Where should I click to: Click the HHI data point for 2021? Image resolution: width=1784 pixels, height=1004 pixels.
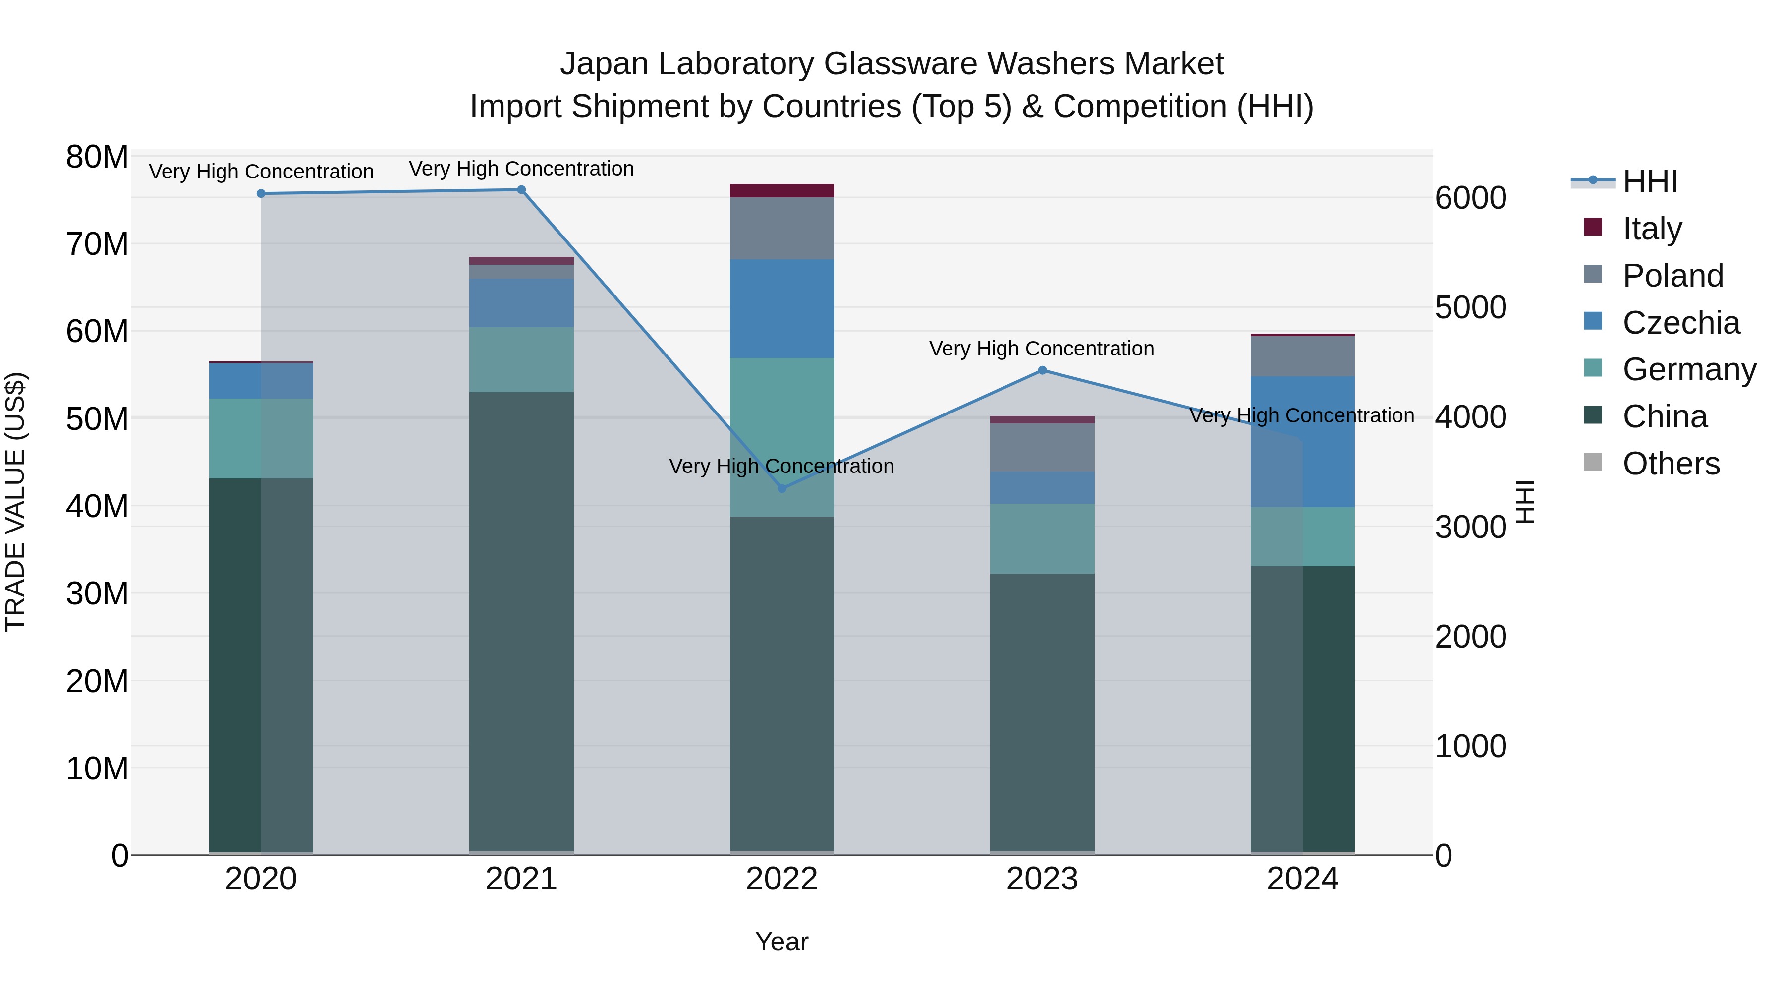(x=521, y=190)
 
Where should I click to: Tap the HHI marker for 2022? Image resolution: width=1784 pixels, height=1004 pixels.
(x=782, y=488)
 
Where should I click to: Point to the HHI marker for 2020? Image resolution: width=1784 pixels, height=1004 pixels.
(x=261, y=194)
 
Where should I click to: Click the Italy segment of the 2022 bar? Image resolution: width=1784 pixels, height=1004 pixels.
(x=782, y=190)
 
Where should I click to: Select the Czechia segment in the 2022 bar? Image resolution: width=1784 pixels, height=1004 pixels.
(x=782, y=308)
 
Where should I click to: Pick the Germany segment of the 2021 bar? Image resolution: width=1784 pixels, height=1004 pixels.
(x=521, y=359)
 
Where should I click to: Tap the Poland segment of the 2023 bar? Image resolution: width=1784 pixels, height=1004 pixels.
(x=1042, y=448)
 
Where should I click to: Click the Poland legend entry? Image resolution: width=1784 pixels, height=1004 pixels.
(x=1672, y=276)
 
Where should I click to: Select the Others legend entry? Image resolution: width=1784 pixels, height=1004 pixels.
(x=1671, y=464)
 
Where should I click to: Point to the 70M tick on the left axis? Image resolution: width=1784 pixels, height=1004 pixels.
(x=97, y=244)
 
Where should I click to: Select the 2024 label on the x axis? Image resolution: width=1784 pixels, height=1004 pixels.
(x=1303, y=879)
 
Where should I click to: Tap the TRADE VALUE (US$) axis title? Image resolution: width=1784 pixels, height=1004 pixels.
(x=15, y=502)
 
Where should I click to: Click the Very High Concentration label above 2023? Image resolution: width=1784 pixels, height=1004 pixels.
(x=1042, y=349)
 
